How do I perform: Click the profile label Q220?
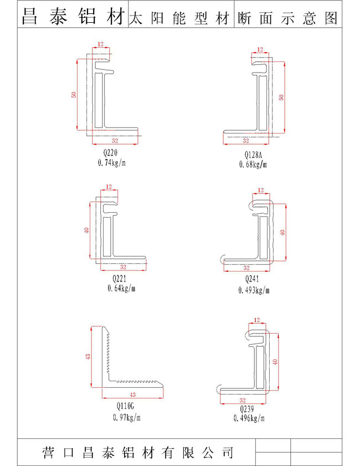click(111, 153)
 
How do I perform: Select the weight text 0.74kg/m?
click(112, 162)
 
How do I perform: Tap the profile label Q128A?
click(253, 155)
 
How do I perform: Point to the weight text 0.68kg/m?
click(253, 164)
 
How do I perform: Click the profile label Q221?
click(119, 279)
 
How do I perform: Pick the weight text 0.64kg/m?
click(121, 288)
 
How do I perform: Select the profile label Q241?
click(252, 279)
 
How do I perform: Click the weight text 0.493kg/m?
click(254, 290)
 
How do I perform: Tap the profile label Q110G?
click(125, 406)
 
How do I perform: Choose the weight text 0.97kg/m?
click(126, 417)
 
